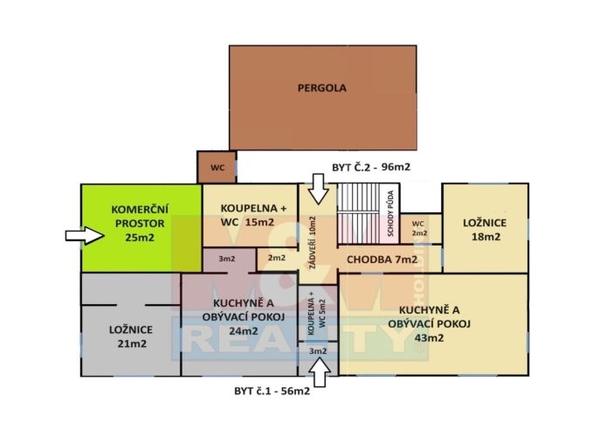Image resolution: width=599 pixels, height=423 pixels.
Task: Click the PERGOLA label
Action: click(322, 88)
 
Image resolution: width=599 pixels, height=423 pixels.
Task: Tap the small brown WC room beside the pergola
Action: click(217, 167)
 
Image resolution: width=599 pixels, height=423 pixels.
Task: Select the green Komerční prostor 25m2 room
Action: click(141, 228)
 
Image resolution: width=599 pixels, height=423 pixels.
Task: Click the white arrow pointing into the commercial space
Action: click(85, 236)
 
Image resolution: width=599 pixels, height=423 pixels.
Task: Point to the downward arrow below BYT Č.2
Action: click(318, 189)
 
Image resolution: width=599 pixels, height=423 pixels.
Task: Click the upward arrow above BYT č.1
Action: click(319, 372)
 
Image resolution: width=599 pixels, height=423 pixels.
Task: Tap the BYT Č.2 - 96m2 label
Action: click(371, 167)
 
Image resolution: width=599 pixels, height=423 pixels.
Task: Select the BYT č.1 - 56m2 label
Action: click(272, 391)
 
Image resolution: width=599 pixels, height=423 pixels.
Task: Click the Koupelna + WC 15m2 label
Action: click(253, 215)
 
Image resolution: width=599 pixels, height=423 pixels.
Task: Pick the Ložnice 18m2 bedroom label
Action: click(485, 230)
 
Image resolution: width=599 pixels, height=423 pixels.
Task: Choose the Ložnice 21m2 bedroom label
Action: click(131, 336)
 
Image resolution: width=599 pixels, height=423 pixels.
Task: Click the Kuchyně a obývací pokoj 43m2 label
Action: click(429, 323)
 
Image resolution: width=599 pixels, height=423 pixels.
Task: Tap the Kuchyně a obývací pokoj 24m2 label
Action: click(244, 316)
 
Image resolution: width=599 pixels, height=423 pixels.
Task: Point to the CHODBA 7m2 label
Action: click(382, 260)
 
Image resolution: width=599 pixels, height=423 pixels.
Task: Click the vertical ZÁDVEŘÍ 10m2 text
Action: click(313, 242)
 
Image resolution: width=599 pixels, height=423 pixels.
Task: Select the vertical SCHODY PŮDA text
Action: click(390, 213)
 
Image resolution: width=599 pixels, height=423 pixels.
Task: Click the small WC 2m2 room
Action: click(420, 228)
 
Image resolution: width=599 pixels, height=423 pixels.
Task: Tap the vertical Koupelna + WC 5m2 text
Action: click(317, 313)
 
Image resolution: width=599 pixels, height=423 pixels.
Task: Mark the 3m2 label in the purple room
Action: click(227, 259)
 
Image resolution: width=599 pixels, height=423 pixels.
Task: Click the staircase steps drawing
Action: click(358, 214)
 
